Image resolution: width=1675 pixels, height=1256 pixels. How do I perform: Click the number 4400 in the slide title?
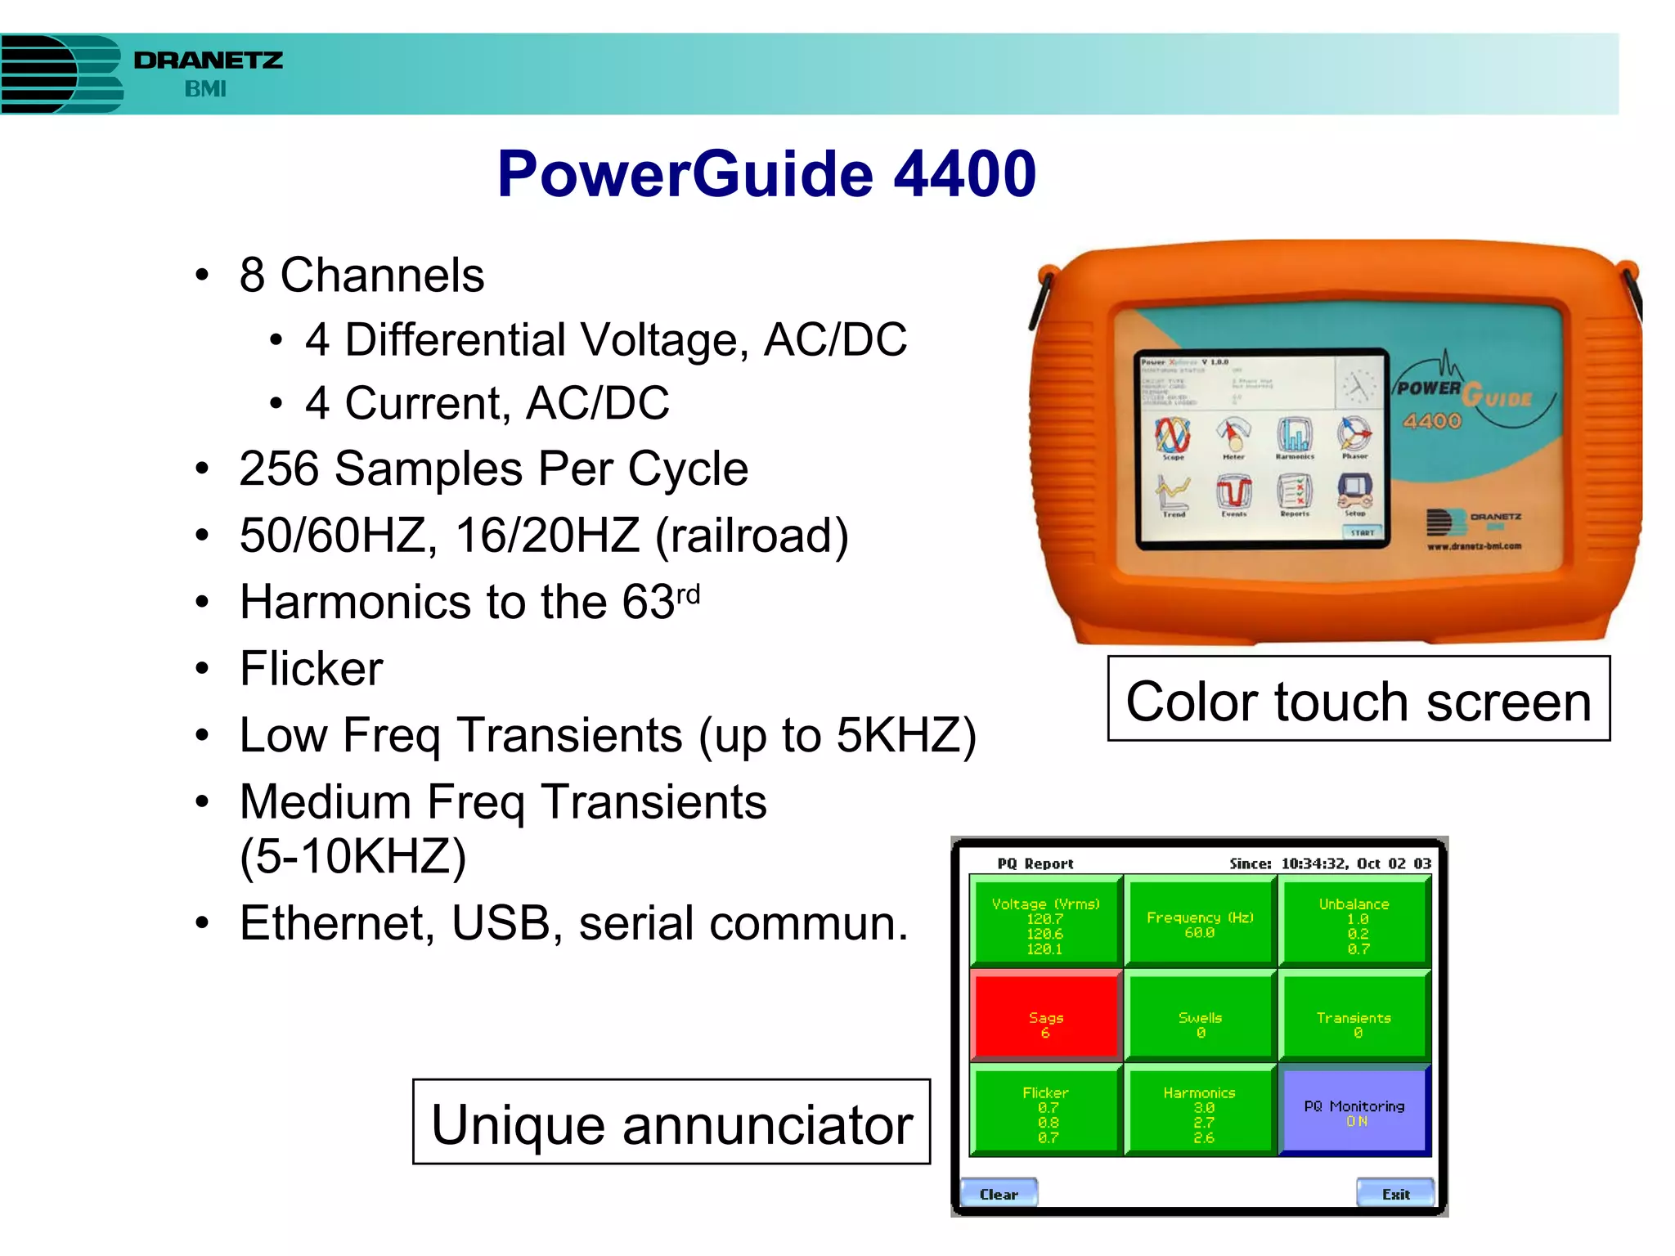pyautogui.click(x=965, y=174)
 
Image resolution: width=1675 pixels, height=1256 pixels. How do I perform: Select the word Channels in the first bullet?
pyautogui.click(x=382, y=276)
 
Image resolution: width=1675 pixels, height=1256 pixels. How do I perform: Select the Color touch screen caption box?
pyautogui.click(x=1358, y=700)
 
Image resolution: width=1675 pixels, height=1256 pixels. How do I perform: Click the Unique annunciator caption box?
pyautogui.click(x=671, y=1123)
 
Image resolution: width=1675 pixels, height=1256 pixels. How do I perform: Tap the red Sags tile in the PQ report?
pyautogui.click(x=1045, y=1016)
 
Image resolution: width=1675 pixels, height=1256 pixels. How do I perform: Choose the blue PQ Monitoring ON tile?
pyautogui.click(x=1354, y=1112)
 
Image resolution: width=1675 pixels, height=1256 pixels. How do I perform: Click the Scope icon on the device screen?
pyautogui.click(x=1173, y=437)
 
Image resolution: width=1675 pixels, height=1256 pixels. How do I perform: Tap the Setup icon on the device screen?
pyautogui.click(x=1354, y=494)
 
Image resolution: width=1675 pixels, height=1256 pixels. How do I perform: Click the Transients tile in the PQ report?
pyautogui.click(x=1354, y=1016)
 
